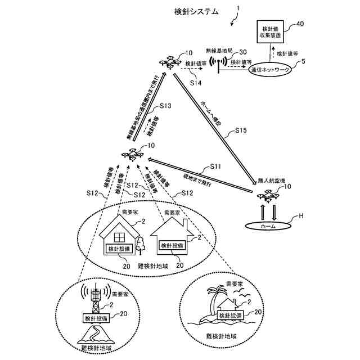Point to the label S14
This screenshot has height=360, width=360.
tap(195, 82)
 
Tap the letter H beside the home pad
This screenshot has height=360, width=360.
tap(300, 216)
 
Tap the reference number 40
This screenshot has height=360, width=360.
tap(300, 24)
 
